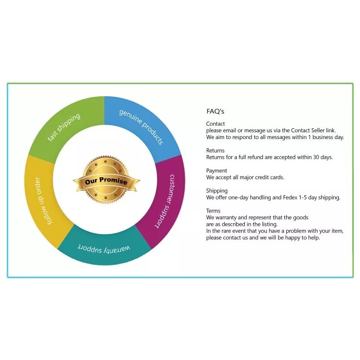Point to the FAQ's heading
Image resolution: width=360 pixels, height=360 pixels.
pos(215,111)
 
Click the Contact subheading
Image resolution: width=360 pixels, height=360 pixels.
pos(216,124)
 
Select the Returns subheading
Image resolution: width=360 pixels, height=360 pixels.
pos(216,151)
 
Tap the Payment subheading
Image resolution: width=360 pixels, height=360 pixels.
pos(216,171)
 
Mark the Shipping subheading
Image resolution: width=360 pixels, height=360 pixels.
pos(217,191)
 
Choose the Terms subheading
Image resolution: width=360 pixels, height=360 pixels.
pos(213,211)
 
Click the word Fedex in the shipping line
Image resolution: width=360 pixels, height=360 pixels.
pos(292,198)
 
